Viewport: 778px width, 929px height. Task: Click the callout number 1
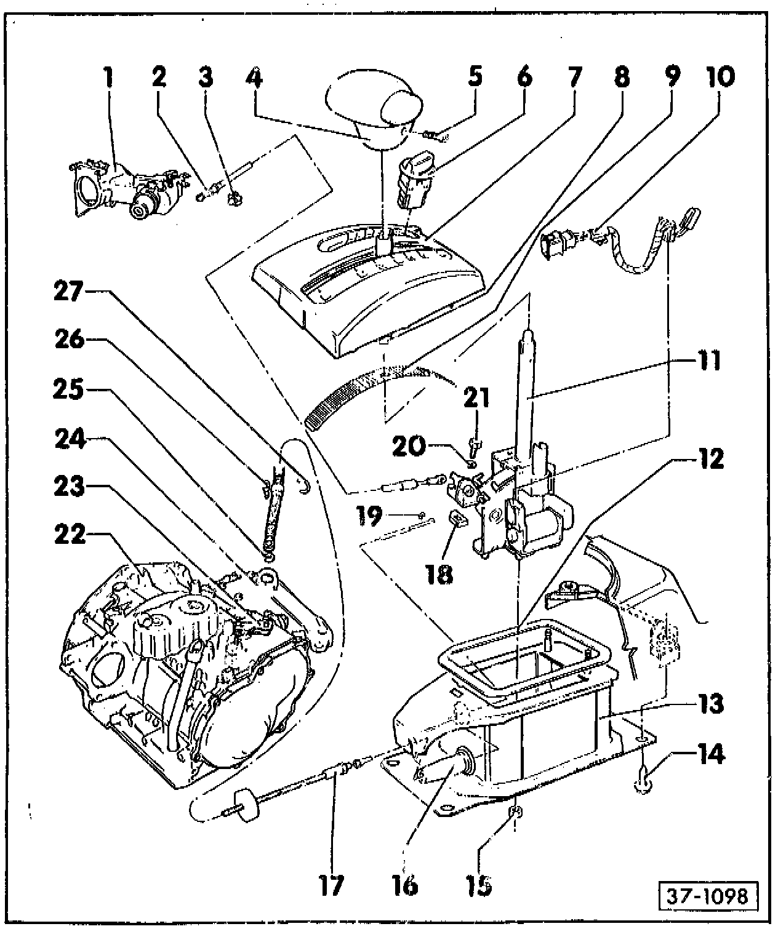click(108, 78)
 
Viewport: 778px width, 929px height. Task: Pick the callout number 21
click(476, 397)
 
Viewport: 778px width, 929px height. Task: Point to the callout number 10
click(720, 78)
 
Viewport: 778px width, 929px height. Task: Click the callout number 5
click(475, 78)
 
